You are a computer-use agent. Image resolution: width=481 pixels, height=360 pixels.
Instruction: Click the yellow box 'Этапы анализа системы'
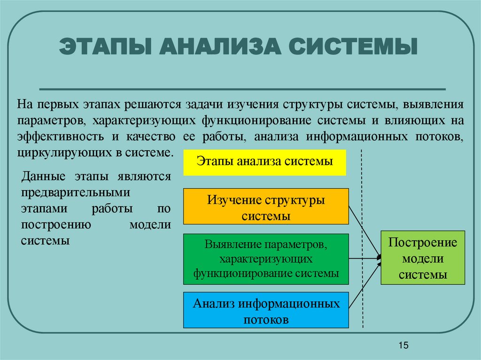(264, 162)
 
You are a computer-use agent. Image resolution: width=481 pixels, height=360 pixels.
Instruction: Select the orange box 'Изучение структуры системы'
(266, 207)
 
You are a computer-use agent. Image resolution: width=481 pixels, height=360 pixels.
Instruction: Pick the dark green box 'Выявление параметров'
(266, 259)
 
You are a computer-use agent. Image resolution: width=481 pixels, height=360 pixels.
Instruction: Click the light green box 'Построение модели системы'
(423, 258)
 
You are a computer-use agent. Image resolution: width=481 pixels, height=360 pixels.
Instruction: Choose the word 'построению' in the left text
(55, 224)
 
